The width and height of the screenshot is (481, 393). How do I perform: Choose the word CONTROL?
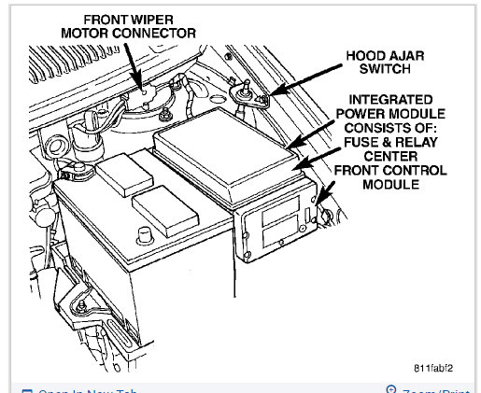[406, 171]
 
